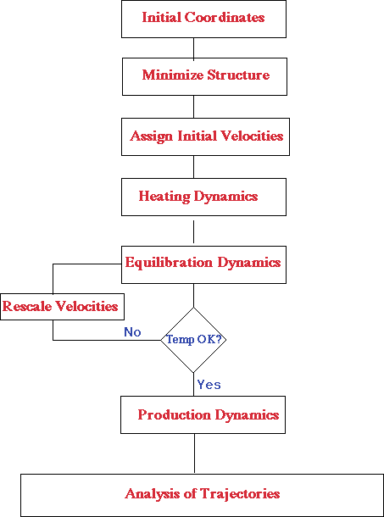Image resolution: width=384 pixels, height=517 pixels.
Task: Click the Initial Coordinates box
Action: point(203,19)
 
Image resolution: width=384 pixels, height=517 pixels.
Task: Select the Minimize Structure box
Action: point(204,76)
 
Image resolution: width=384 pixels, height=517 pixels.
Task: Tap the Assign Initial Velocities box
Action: point(205,136)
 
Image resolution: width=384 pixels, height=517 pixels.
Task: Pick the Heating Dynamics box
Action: point(203,197)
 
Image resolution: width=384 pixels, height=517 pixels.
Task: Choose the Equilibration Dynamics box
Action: point(203,264)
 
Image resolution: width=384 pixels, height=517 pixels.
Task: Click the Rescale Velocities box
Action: point(63,307)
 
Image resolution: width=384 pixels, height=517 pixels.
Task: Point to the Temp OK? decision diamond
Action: point(193,340)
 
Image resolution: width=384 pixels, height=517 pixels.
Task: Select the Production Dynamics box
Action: point(203,414)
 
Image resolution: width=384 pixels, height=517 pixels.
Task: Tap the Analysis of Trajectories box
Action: point(203,495)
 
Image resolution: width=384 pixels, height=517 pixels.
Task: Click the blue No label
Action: point(132,332)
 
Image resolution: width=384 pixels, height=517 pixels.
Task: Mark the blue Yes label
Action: point(209,385)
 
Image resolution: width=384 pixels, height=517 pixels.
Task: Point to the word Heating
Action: point(164,197)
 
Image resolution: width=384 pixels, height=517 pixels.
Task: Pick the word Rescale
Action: point(26,307)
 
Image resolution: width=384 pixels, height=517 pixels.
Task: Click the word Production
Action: point(175,414)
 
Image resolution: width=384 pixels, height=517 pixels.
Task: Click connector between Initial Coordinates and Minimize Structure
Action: point(193,47)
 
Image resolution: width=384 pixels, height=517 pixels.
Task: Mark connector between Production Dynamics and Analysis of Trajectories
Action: point(194,453)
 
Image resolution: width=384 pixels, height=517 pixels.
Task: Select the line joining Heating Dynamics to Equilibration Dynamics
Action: point(193,231)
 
